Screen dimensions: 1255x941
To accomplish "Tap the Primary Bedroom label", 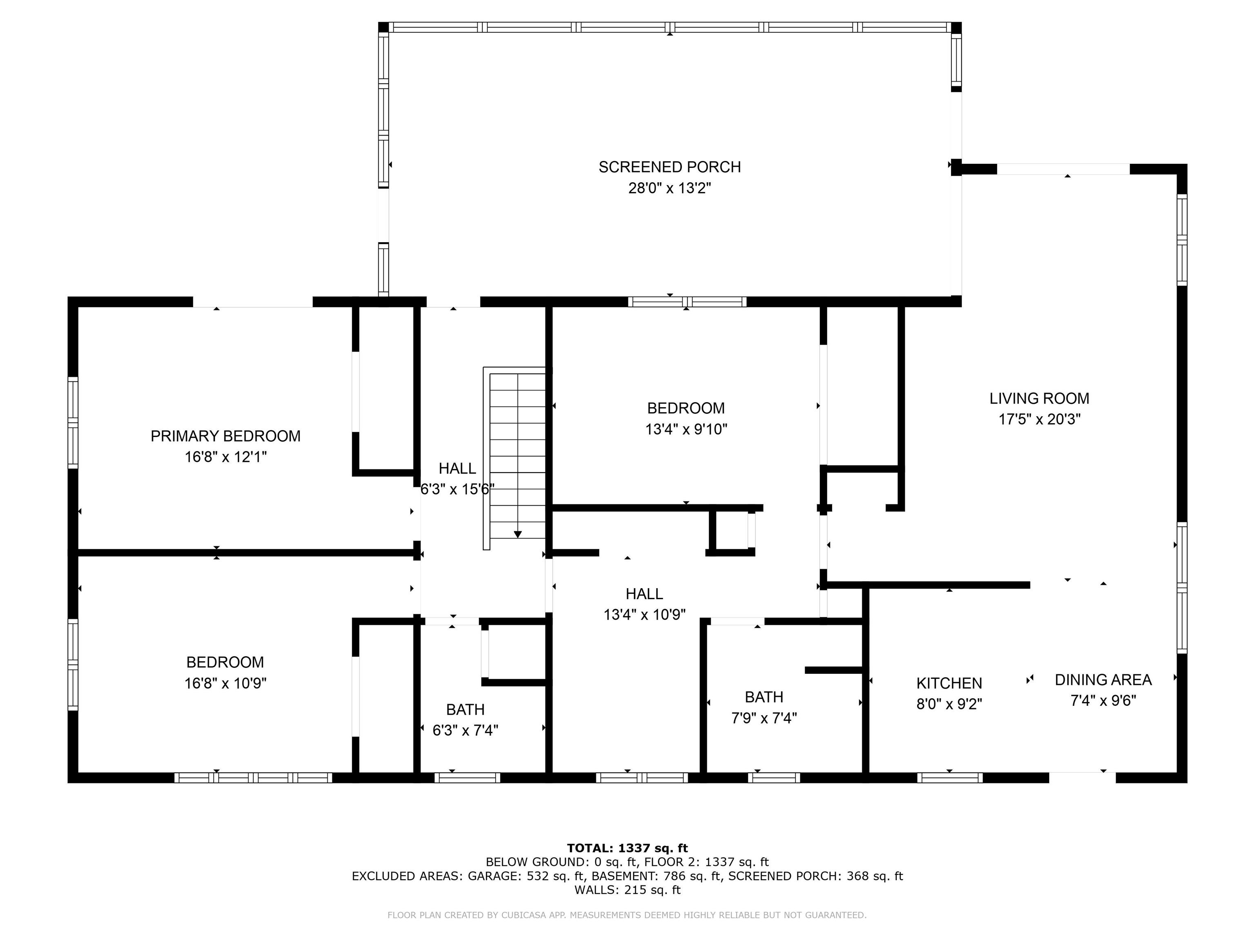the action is pyautogui.click(x=225, y=436).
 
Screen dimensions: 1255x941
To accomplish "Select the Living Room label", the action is pyautogui.click(x=1039, y=399).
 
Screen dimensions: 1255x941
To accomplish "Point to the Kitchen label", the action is pyautogui.click(x=949, y=683).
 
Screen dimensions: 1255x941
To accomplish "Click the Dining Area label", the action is pyautogui.click(x=1103, y=680).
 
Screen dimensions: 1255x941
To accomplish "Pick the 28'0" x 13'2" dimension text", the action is pyautogui.click(x=670, y=188).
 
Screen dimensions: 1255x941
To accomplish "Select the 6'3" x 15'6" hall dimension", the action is pyautogui.click(x=457, y=489).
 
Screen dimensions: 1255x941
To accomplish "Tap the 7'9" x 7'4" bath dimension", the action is pyautogui.click(x=764, y=718).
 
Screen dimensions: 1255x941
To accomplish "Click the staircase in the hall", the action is pyautogui.click(x=515, y=458).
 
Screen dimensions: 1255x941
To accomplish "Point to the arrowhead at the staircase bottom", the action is pyautogui.click(x=518, y=534).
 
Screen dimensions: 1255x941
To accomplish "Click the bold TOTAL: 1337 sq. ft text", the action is pyautogui.click(x=627, y=848).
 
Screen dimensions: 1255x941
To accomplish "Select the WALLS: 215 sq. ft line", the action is pyautogui.click(x=627, y=890).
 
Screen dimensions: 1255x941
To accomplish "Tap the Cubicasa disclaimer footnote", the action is pyautogui.click(x=627, y=915).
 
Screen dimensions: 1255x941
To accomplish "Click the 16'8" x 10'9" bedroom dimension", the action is pyautogui.click(x=225, y=683).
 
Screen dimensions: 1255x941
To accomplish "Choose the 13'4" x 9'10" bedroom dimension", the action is pyautogui.click(x=686, y=429).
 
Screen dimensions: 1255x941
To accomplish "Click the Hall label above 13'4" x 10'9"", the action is pyautogui.click(x=645, y=594).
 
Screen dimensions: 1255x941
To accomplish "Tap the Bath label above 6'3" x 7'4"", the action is pyautogui.click(x=465, y=709).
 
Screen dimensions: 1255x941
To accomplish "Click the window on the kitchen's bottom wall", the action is pyautogui.click(x=950, y=778).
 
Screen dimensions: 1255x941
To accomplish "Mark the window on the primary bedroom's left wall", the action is pyautogui.click(x=73, y=423).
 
